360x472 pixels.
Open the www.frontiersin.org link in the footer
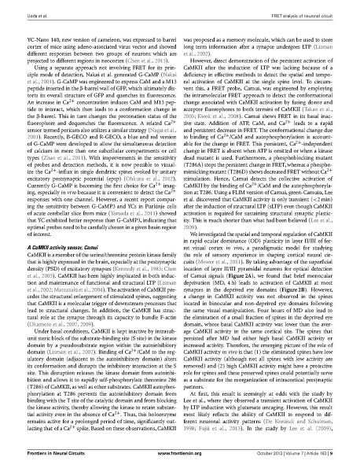180,454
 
